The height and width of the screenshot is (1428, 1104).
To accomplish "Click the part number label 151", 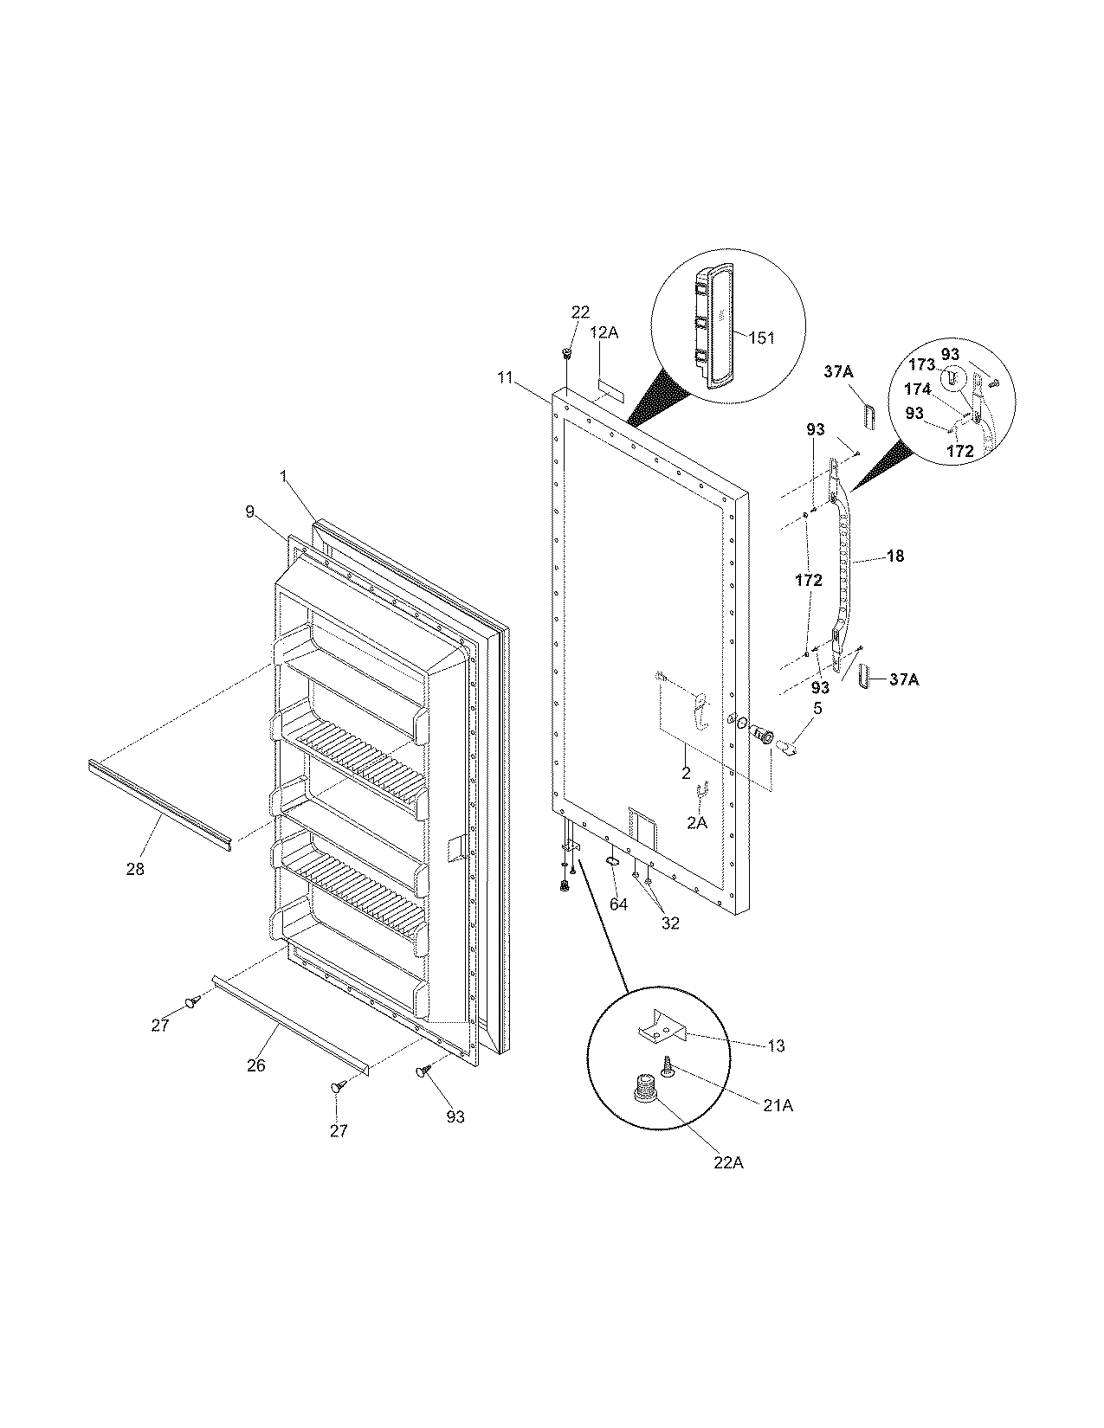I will (761, 338).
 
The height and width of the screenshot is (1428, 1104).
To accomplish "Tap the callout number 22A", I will (728, 1163).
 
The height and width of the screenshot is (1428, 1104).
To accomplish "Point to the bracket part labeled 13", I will (662, 1027).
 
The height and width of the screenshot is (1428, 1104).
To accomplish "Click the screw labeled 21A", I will (668, 1066).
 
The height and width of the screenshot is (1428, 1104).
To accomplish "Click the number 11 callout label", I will (506, 377).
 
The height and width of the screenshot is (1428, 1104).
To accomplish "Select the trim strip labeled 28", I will (160, 801).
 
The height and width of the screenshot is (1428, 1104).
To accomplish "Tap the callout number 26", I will (255, 1065).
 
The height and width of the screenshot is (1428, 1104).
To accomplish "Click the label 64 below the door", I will (617, 904).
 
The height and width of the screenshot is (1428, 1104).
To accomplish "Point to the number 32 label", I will (670, 923).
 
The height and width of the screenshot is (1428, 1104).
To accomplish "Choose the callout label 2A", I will (697, 824).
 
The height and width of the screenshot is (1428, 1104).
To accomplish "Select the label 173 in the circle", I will (922, 365).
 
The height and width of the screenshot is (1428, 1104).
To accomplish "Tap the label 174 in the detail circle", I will (918, 389).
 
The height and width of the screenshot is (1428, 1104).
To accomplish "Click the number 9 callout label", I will (249, 511).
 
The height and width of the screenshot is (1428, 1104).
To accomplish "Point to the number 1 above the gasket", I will (282, 475).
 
